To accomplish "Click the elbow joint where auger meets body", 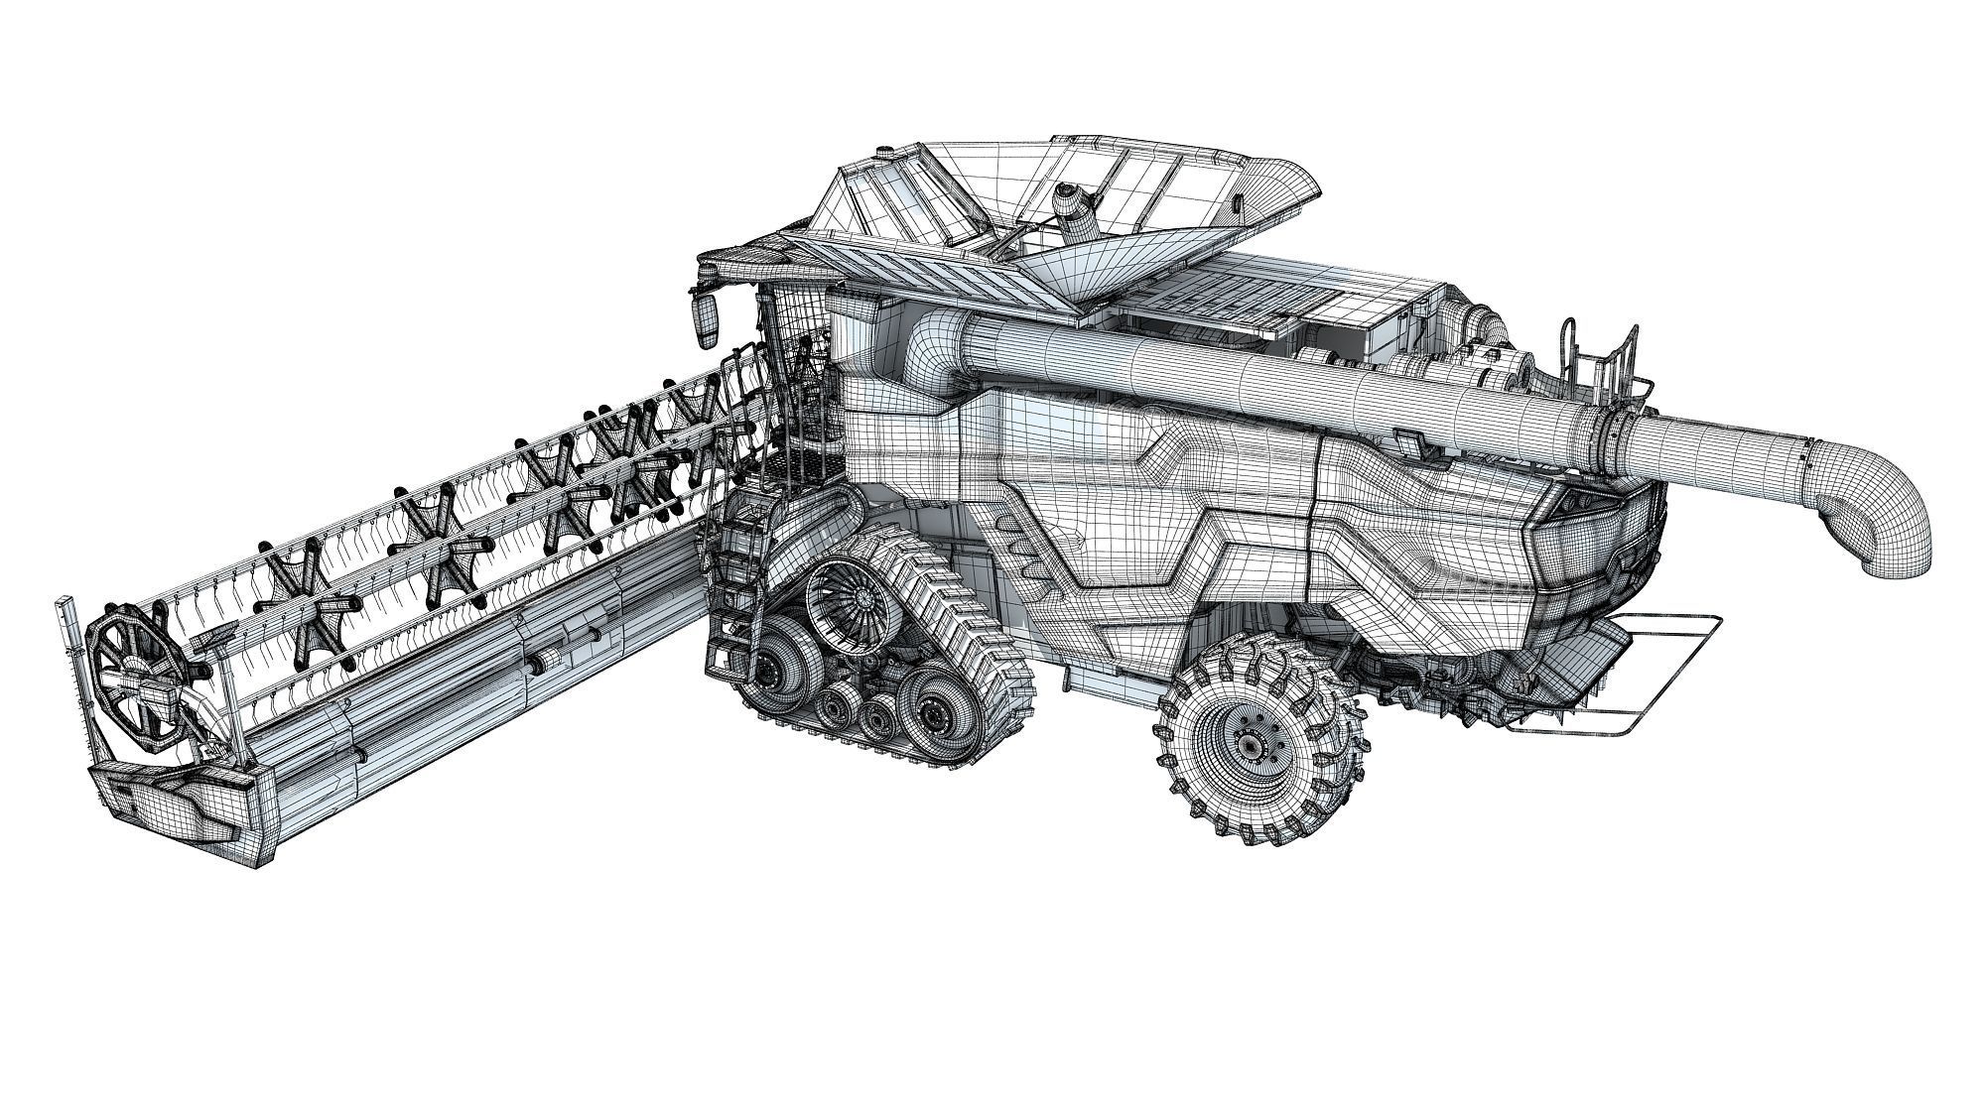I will tap(933, 342).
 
